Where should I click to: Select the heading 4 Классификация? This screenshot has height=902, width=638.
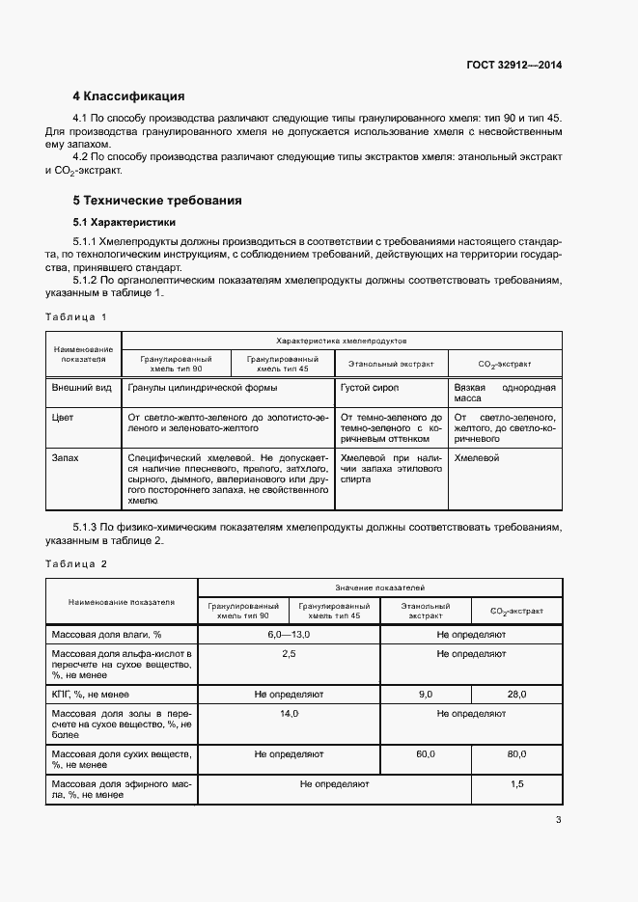pyautogui.click(x=128, y=96)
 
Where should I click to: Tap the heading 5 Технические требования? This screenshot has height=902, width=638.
pyautogui.click(x=157, y=201)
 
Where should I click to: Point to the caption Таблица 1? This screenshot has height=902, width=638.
pyautogui.click(x=75, y=316)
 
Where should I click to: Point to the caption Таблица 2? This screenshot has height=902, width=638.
pyautogui.click(x=75, y=562)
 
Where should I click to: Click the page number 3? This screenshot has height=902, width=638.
pyautogui.click(x=558, y=820)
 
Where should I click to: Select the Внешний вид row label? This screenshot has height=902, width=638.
pyautogui.click(x=81, y=387)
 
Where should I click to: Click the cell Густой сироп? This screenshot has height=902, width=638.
pyautogui.click(x=370, y=387)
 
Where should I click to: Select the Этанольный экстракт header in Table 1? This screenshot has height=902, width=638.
pyautogui.click(x=391, y=365)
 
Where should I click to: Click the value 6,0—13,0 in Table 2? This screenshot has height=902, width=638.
pyautogui.click(x=289, y=634)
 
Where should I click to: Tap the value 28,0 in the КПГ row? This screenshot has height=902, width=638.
pyautogui.click(x=516, y=694)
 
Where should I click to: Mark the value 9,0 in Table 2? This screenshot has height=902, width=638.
pyautogui.click(x=426, y=694)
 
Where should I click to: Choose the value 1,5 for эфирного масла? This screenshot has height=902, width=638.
pyautogui.click(x=516, y=784)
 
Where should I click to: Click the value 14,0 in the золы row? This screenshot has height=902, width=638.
pyautogui.click(x=289, y=713)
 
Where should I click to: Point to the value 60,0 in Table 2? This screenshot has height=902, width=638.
pyautogui.click(x=426, y=753)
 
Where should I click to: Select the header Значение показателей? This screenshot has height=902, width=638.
pyautogui.click(x=379, y=588)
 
